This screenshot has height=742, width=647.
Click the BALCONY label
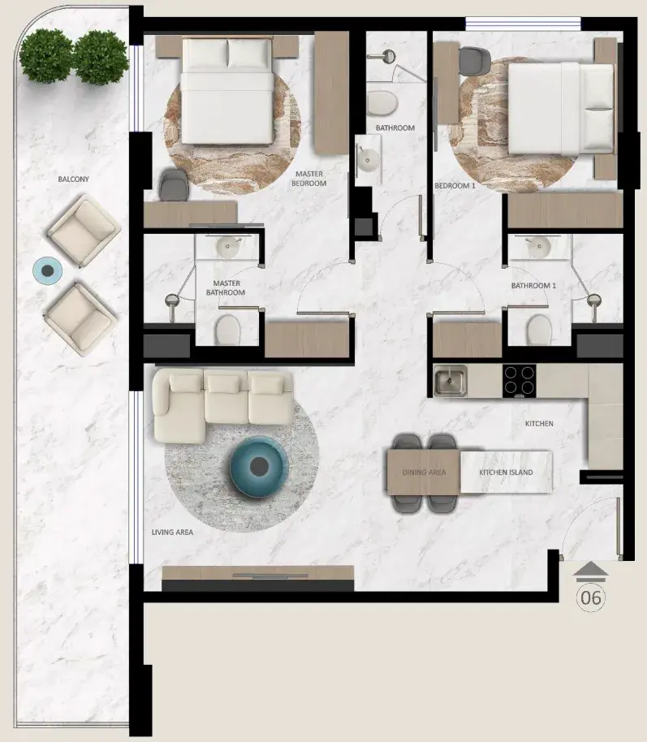pyautogui.click(x=73, y=179)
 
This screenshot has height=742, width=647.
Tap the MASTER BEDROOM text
pyautogui.click(x=309, y=179)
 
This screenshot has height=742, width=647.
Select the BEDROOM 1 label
pyautogui.click(x=455, y=185)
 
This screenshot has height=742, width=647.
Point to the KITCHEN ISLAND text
pyautogui.click(x=506, y=472)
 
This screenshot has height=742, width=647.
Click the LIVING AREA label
pyautogui.click(x=172, y=533)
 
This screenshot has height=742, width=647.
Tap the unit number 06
pyautogui.click(x=591, y=597)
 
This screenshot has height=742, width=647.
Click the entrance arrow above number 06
pyautogui.click(x=590, y=572)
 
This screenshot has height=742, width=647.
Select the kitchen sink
pyautogui.click(x=450, y=381)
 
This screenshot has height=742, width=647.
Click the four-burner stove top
pyautogui.click(x=520, y=381)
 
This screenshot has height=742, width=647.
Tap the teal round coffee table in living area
pyautogui.click(x=259, y=467)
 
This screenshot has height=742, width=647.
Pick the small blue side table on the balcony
pyautogui.click(x=47, y=271)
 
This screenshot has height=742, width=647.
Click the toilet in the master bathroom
pyautogui.click(x=227, y=330)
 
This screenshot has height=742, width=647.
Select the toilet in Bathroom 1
pyautogui.click(x=539, y=330)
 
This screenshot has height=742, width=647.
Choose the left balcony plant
pyautogui.click(x=46, y=56)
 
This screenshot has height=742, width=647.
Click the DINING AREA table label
pyautogui.click(x=424, y=472)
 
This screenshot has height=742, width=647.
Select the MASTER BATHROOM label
pyautogui.click(x=226, y=287)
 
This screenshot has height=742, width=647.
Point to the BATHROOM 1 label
pyautogui.click(x=533, y=286)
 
